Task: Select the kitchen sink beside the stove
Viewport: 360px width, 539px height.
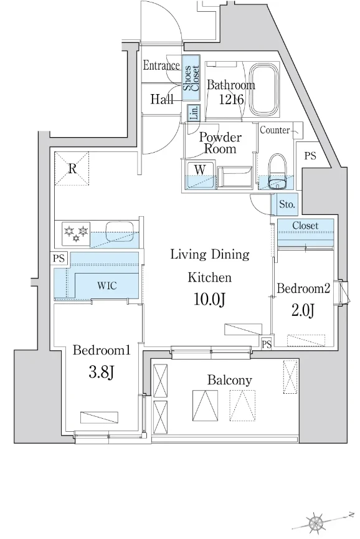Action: (x=119, y=231)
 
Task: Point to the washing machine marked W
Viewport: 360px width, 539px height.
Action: (x=201, y=174)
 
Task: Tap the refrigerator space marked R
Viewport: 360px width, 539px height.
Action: (x=72, y=169)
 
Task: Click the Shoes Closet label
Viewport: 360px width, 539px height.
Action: (x=191, y=78)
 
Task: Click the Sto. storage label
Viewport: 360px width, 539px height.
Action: (x=287, y=204)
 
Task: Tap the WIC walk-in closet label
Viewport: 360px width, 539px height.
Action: (x=107, y=285)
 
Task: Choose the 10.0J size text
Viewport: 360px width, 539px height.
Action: (x=209, y=299)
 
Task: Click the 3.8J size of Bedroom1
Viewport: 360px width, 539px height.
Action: (x=101, y=371)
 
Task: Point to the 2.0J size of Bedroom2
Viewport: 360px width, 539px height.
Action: (x=303, y=310)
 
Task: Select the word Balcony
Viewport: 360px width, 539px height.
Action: (x=229, y=380)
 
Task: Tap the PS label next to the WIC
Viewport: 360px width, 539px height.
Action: (x=59, y=258)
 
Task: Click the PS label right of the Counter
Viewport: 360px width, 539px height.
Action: (x=310, y=156)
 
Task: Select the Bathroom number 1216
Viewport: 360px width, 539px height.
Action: (x=232, y=99)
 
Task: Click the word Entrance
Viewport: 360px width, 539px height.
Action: (x=161, y=65)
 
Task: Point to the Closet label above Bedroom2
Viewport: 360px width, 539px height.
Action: (x=305, y=226)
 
